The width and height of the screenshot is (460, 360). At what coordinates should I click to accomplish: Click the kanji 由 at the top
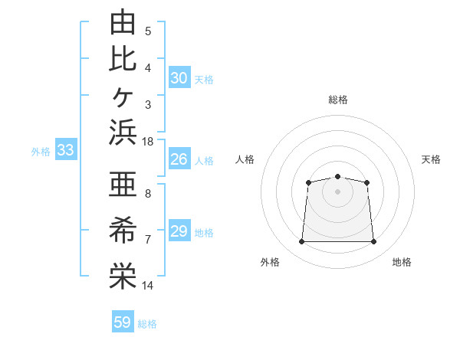(123, 21)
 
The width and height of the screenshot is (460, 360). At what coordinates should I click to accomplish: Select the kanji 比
(123, 59)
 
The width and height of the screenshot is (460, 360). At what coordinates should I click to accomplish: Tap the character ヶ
(123, 97)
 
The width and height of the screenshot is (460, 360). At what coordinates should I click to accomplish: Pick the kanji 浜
(123, 133)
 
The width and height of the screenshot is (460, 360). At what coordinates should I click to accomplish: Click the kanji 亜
(123, 184)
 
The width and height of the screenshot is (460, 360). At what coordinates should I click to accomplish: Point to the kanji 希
(123, 230)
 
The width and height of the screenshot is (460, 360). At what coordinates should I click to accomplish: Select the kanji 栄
(123, 276)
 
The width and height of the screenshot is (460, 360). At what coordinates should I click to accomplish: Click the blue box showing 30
(179, 77)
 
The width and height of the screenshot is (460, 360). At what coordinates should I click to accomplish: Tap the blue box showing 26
(179, 159)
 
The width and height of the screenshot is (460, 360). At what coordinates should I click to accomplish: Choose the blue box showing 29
(179, 230)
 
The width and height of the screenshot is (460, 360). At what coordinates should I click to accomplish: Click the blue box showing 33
(66, 149)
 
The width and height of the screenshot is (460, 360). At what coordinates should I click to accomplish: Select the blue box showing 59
(123, 321)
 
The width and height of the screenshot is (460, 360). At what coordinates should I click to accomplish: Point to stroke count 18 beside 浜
(147, 142)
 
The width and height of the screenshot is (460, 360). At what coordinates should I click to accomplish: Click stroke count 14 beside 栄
(147, 285)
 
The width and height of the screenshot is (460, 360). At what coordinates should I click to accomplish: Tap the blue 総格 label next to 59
(147, 324)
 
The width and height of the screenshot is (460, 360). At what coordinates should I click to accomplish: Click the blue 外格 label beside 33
(41, 152)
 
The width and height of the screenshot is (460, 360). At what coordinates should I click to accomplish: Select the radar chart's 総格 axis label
(338, 100)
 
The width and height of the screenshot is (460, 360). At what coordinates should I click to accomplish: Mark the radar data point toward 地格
(373, 241)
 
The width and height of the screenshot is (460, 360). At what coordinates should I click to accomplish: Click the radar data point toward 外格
(301, 241)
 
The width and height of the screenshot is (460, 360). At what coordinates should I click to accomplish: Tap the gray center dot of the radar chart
(337, 191)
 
